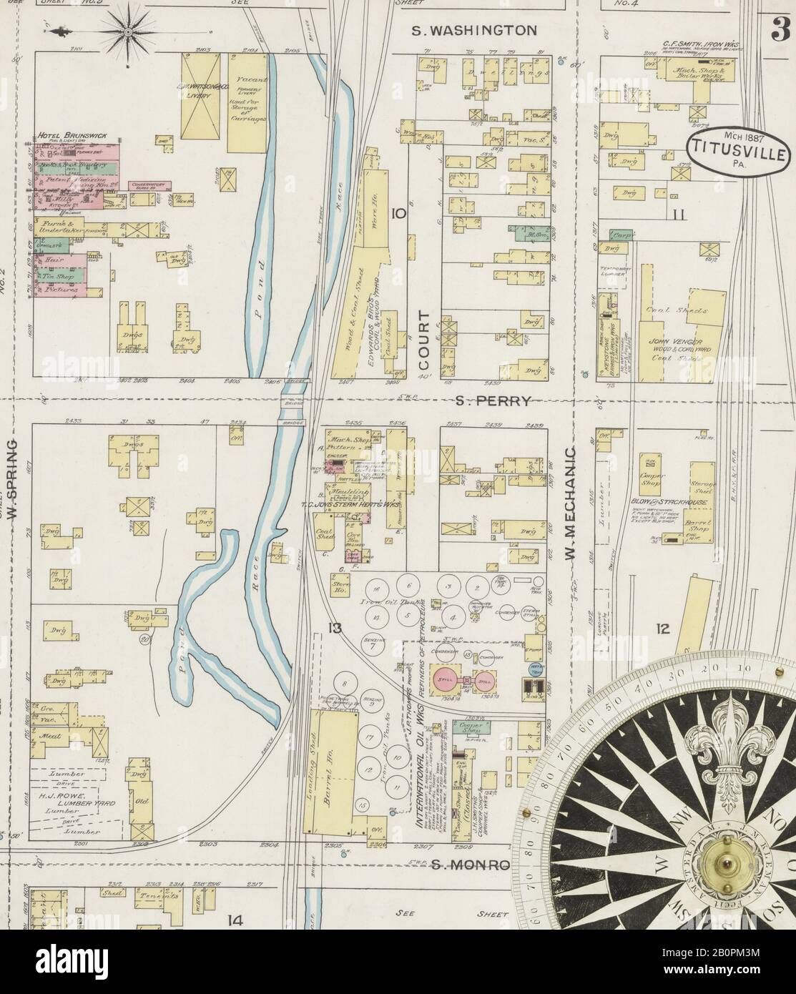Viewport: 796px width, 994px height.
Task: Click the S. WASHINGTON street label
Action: (x=474, y=30)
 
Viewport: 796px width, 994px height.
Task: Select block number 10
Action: (x=398, y=214)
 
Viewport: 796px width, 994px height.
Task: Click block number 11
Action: (x=678, y=214)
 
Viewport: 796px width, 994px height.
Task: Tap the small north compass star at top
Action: (x=129, y=31)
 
